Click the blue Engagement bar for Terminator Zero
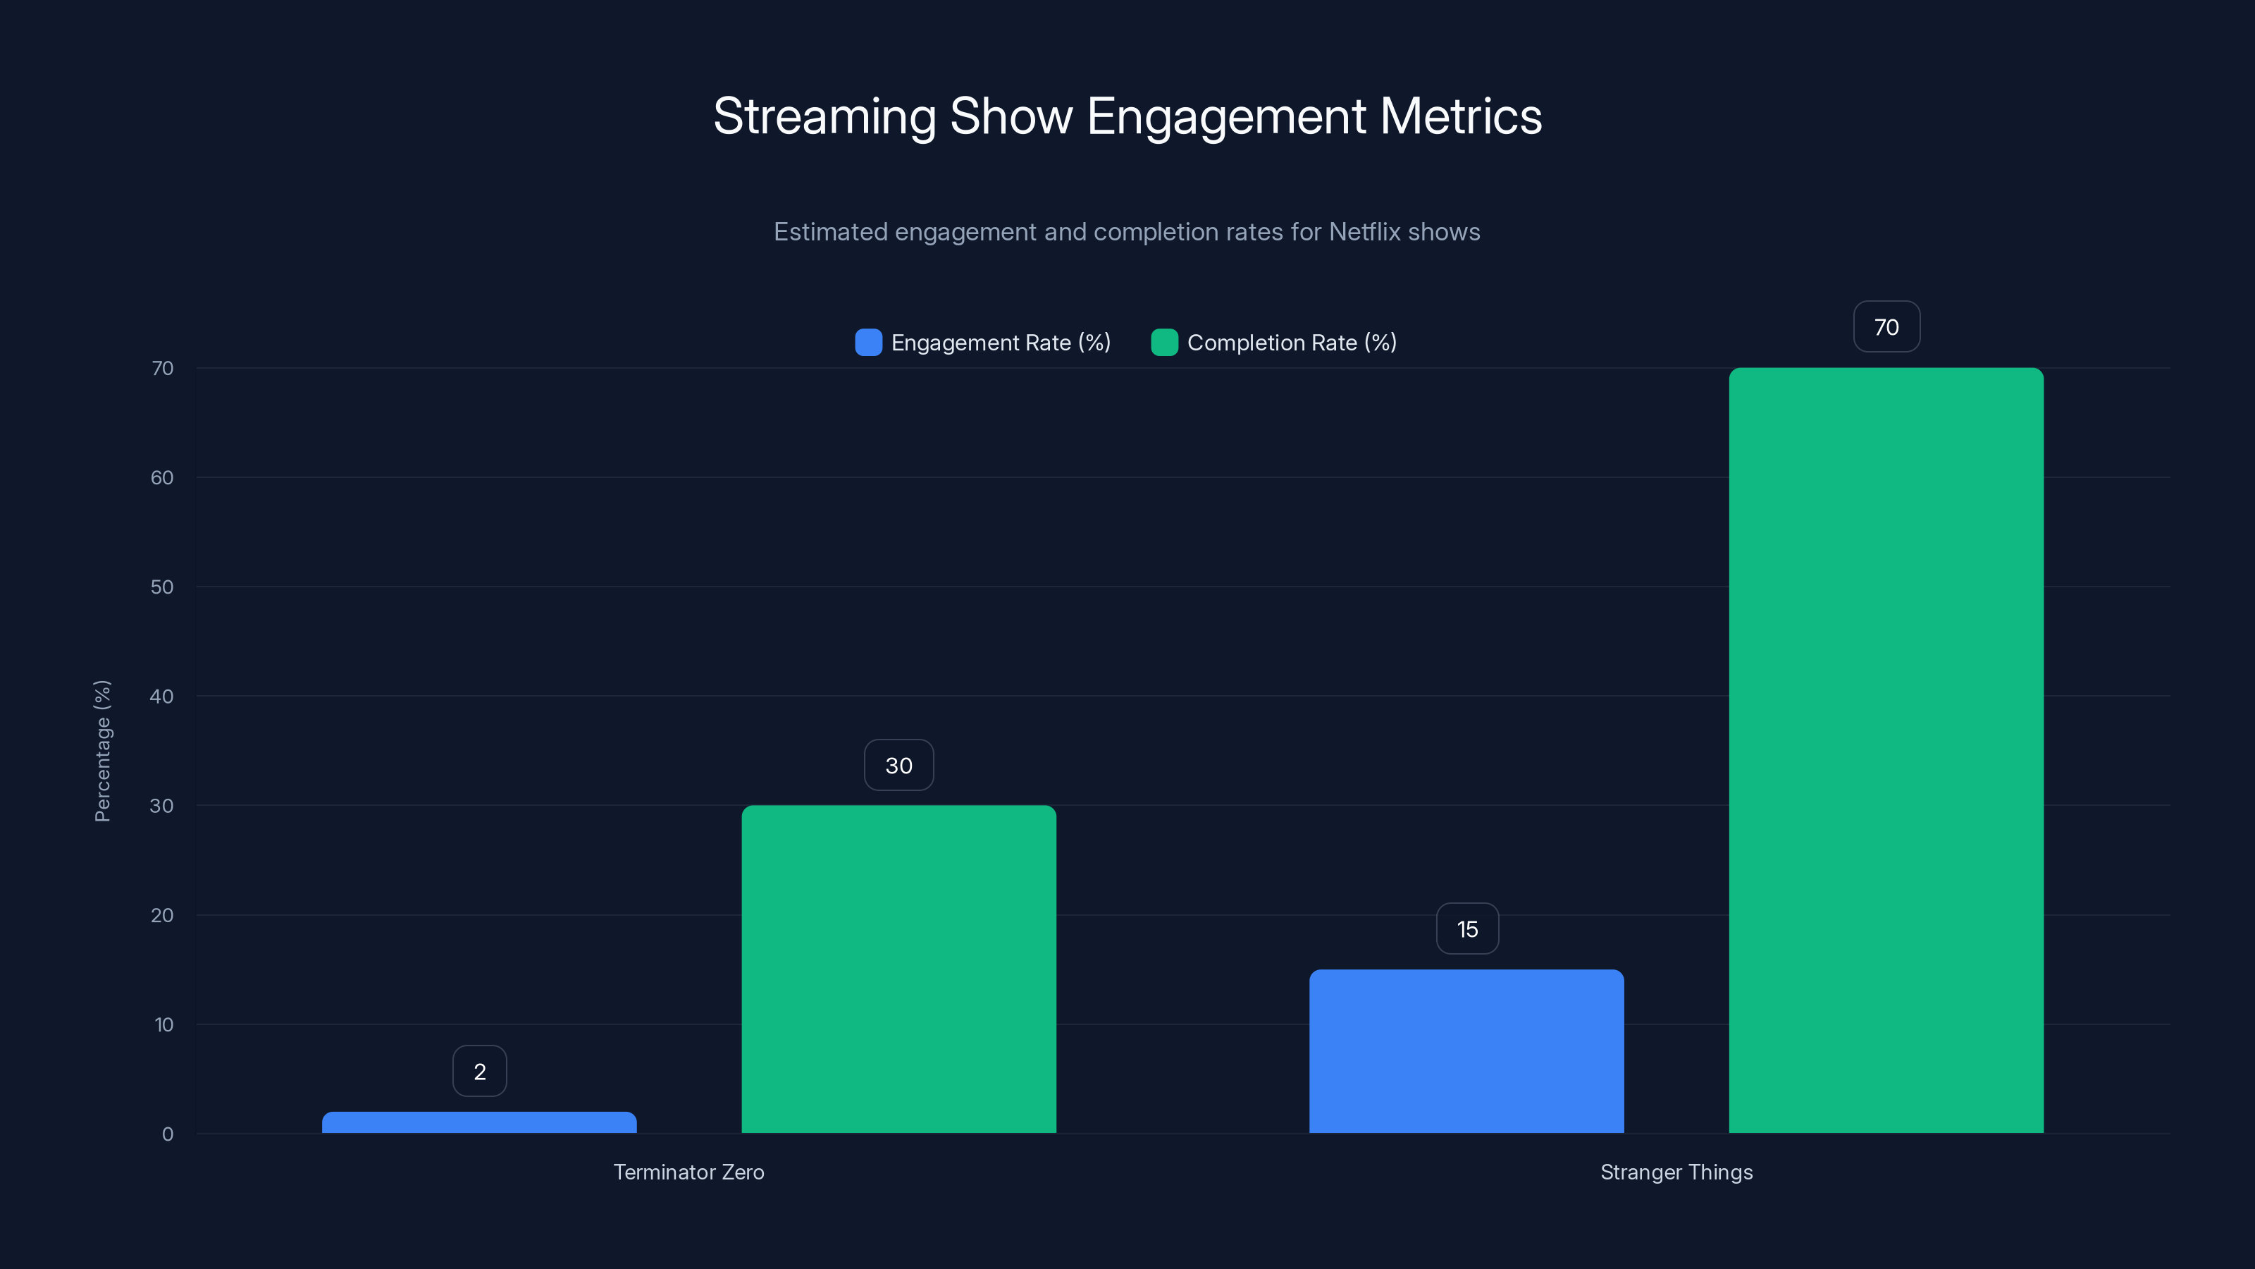(x=479, y=1123)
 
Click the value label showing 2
(x=479, y=1071)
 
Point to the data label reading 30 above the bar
(x=898, y=766)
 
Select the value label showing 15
(x=1467, y=929)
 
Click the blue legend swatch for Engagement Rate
(x=867, y=343)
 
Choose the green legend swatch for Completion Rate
(x=1164, y=343)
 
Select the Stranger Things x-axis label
(x=1676, y=1172)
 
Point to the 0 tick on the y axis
(x=167, y=1134)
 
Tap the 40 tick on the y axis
(x=161, y=697)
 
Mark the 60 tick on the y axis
(x=161, y=477)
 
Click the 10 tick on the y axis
(x=163, y=1024)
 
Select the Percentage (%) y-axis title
(x=102, y=751)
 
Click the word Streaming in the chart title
(x=823, y=116)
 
